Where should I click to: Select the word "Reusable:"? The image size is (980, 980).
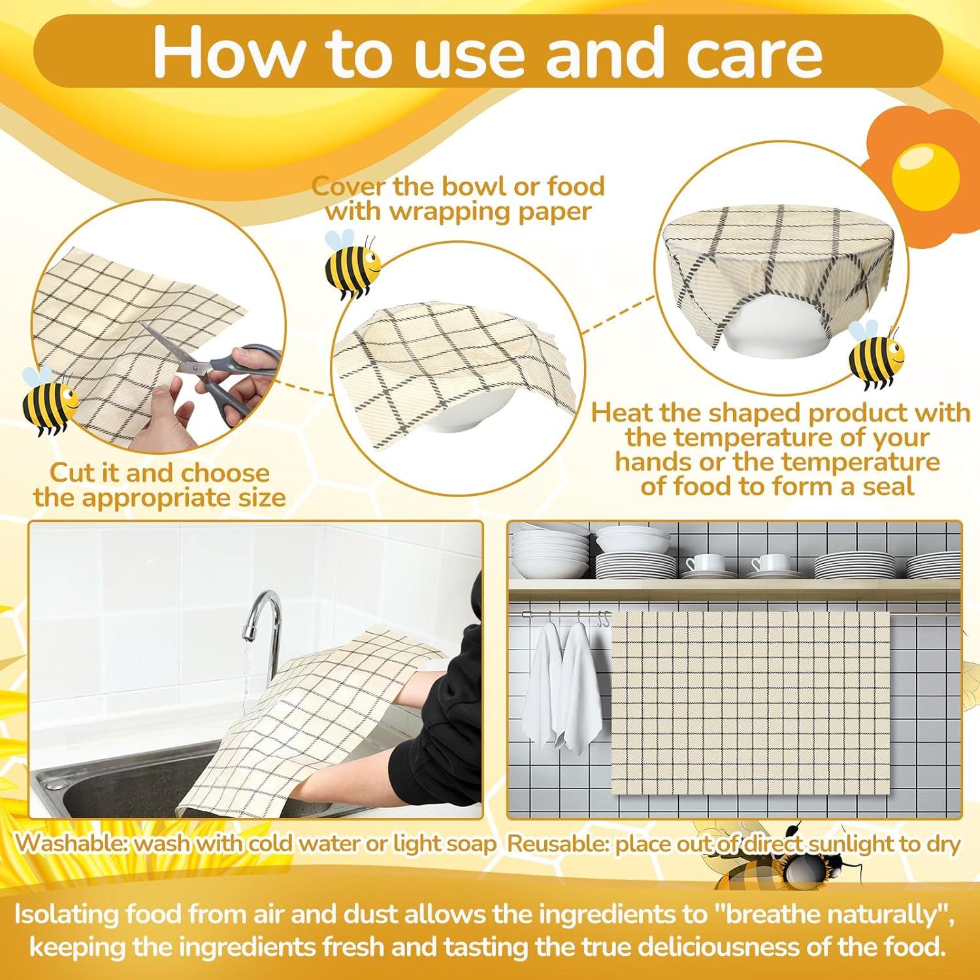(x=559, y=843)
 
